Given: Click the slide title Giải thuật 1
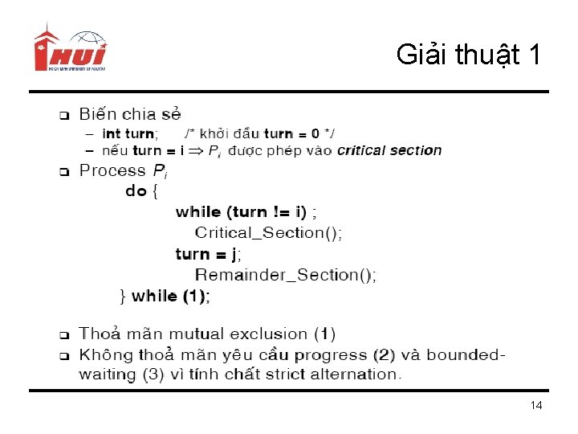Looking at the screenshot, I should [x=468, y=55].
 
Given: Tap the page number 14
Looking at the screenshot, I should [x=536, y=406].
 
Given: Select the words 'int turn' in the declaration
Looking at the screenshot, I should [x=129, y=133].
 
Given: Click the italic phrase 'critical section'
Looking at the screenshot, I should [x=389, y=150].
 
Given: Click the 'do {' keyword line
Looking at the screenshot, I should [x=142, y=191].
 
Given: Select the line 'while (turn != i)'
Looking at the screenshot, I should [x=241, y=212].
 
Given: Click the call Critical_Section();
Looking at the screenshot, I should [x=269, y=233].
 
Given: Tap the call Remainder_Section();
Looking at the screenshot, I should [x=286, y=275].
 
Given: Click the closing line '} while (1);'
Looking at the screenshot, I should [x=165, y=296].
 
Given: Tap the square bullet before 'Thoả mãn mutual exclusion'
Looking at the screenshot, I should [x=64, y=334].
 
